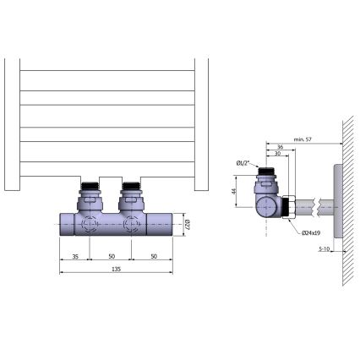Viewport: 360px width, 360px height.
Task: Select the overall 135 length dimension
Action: click(x=116, y=268)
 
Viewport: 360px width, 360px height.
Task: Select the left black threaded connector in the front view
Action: click(x=92, y=186)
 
